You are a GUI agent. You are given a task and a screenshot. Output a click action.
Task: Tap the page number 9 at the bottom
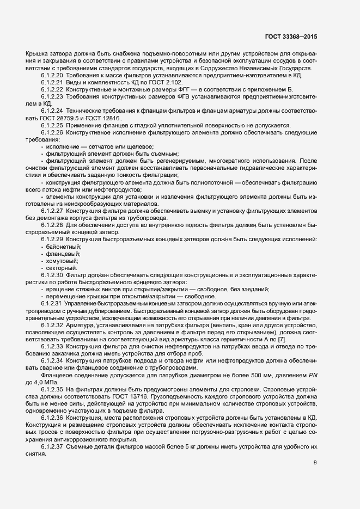point(315,463)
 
